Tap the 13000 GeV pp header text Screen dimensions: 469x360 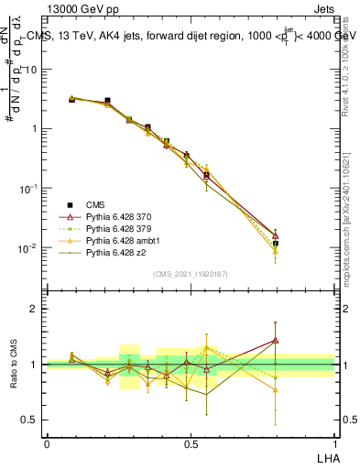click(x=83, y=8)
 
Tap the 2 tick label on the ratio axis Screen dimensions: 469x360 click(x=34, y=310)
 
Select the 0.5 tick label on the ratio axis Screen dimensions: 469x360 click(x=29, y=420)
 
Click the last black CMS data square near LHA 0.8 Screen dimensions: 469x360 click(x=276, y=244)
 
